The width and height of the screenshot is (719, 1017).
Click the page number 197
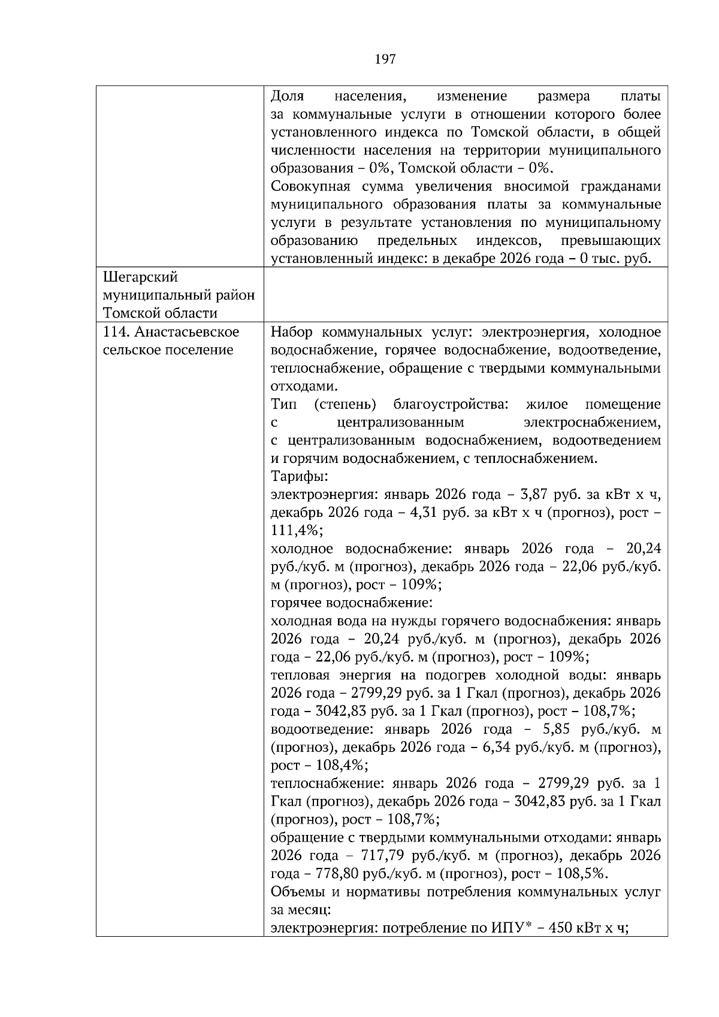point(385,59)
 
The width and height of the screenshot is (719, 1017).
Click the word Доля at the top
point(288,96)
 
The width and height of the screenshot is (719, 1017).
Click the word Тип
point(283,404)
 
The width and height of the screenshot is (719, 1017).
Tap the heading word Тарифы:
point(299,477)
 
